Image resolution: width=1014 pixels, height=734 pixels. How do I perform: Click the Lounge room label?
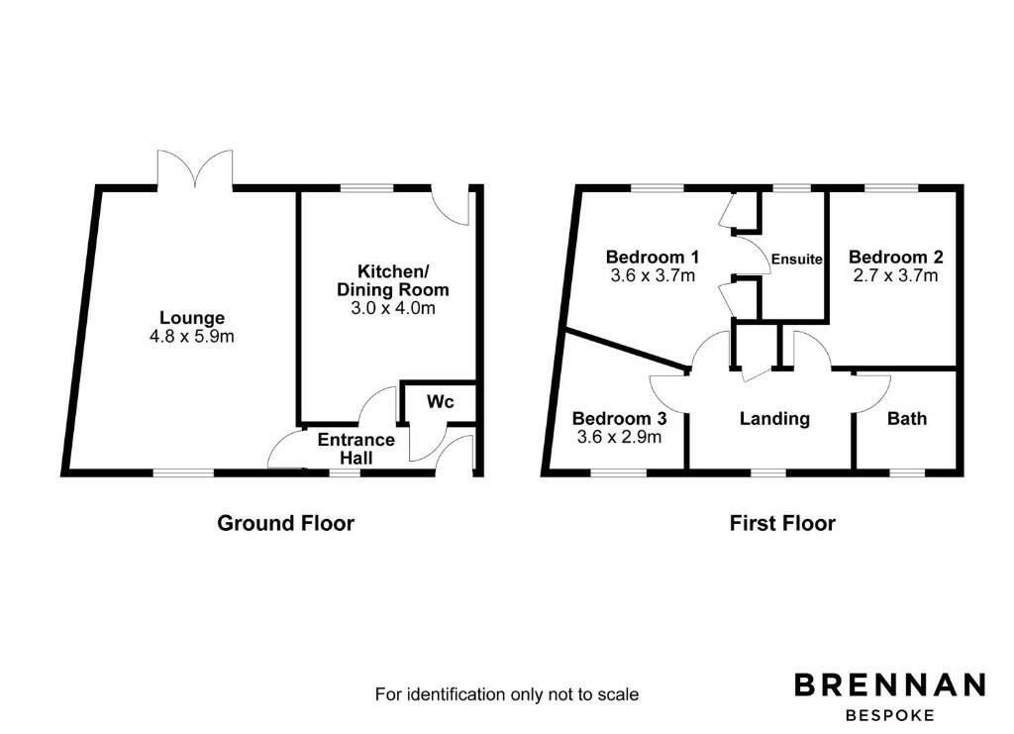coord(192,318)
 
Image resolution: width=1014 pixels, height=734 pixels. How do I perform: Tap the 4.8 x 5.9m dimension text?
coord(192,337)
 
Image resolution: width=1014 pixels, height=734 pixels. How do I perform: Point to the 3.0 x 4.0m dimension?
coord(392,308)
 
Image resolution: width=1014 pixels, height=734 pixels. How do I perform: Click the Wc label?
coord(440,403)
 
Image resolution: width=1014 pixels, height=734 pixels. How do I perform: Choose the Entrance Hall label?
coord(355,448)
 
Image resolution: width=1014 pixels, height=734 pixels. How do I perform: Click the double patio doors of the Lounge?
coord(195,168)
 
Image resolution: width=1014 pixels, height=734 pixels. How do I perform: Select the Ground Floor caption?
coord(285,523)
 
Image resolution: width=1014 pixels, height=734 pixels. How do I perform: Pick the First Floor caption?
coord(782,523)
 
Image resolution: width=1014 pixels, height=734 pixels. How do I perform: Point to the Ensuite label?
coord(796,259)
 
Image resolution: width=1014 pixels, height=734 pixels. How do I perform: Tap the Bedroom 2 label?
coord(893,257)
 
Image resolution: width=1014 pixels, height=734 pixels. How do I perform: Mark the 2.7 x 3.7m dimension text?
coord(893,275)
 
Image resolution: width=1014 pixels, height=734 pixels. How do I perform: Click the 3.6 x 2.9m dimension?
coord(617,436)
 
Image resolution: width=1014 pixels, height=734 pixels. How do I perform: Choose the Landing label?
coord(774,418)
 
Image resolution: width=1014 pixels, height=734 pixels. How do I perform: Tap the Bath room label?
coord(906,418)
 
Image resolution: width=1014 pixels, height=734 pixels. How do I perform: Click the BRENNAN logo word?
coord(890,684)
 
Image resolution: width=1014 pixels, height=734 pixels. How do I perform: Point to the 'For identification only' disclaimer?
coord(506,694)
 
